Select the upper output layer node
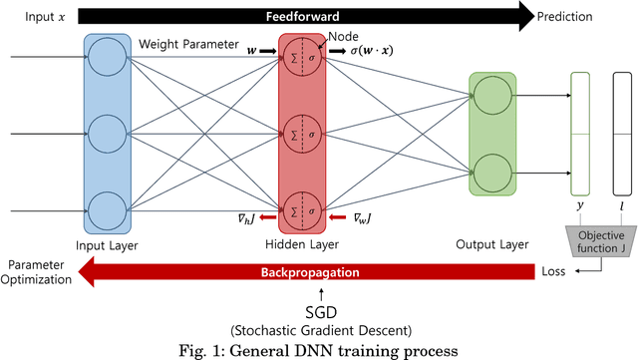coord(492,96)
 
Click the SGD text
coord(321,312)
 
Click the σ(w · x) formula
coord(365,50)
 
